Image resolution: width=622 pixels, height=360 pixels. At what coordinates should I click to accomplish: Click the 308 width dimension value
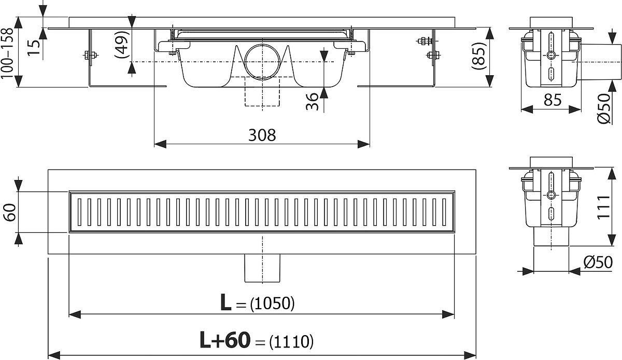[x=262, y=135]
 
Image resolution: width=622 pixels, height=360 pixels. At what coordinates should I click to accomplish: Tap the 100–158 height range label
[x=7, y=53]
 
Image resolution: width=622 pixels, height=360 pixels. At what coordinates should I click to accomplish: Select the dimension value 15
[x=34, y=47]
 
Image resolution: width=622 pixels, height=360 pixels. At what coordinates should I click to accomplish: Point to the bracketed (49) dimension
[x=122, y=44]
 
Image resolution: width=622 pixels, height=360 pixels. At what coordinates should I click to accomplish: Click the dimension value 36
[x=312, y=102]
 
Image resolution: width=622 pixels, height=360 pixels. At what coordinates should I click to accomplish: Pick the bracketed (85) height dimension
[x=478, y=56]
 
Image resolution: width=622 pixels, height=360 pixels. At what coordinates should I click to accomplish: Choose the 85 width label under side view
[x=553, y=100]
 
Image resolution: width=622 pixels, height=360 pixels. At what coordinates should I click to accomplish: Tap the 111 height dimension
[x=603, y=207]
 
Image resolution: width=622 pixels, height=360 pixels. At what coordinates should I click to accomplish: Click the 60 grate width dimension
[x=10, y=212]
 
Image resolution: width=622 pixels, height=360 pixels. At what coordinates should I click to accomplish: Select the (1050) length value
[x=272, y=303]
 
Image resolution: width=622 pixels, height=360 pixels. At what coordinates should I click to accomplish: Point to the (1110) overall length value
[x=291, y=342]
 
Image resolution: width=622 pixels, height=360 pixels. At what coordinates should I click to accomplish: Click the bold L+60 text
[x=225, y=340]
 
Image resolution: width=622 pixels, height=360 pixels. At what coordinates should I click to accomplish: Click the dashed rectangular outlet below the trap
[x=262, y=91]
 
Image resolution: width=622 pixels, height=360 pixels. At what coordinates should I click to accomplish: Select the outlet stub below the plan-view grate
[x=262, y=268]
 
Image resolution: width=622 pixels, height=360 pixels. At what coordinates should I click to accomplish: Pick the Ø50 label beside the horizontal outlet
[x=603, y=109]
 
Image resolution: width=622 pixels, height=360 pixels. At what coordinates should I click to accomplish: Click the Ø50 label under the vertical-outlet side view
[x=598, y=262]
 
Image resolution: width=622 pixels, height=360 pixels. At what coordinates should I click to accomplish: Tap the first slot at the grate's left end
[x=80, y=212]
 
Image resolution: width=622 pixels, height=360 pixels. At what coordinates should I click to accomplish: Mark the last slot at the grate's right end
[x=444, y=212]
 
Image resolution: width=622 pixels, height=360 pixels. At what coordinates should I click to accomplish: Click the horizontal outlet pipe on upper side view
[x=599, y=62]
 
